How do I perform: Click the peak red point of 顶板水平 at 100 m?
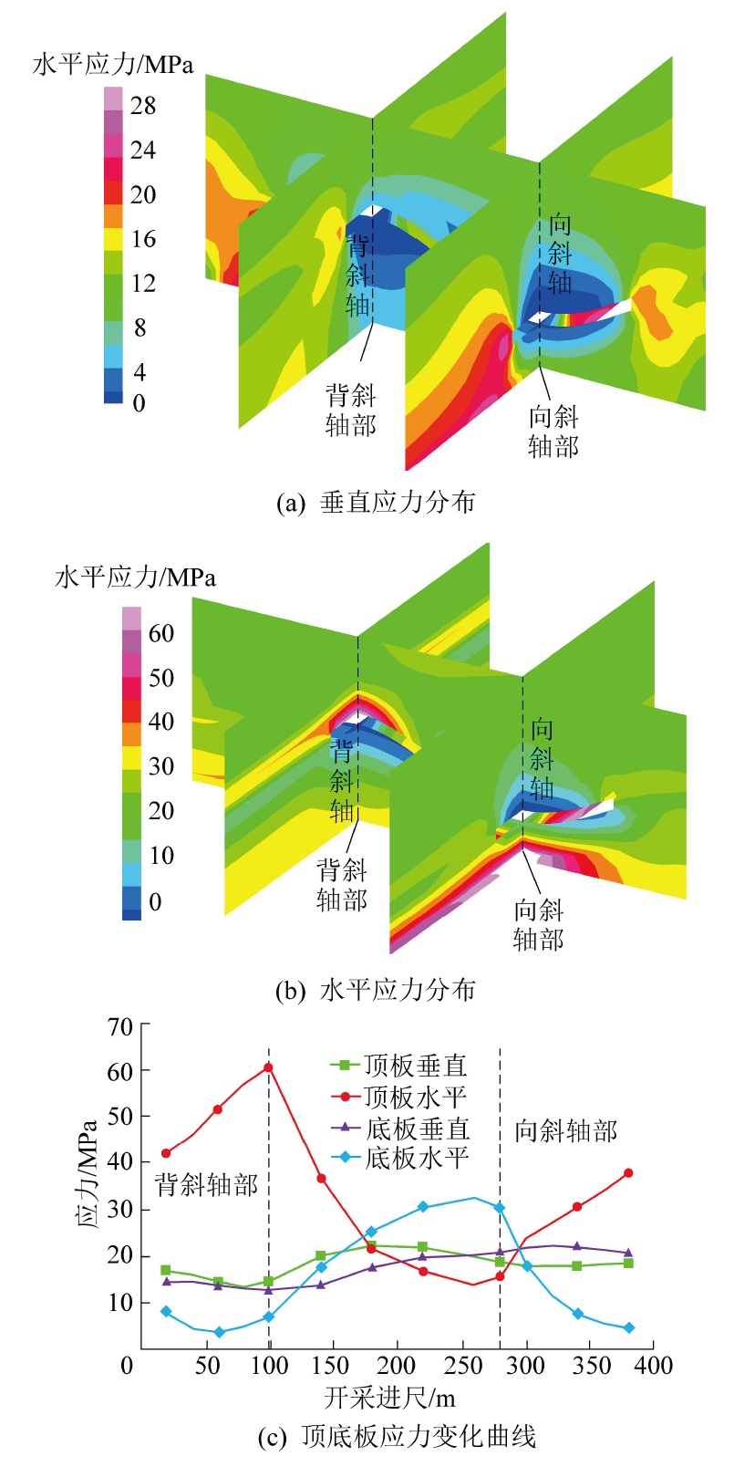(x=268, y=1067)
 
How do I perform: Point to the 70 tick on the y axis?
(x=120, y=1026)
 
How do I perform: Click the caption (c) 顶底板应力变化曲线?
(x=397, y=1437)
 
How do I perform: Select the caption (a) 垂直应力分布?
(x=376, y=502)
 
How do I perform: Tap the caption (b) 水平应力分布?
(x=376, y=990)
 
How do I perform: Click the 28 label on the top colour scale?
(x=143, y=106)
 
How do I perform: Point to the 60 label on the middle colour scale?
(x=161, y=633)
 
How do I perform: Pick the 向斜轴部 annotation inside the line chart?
(x=566, y=1131)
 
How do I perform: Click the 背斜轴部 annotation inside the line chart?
(x=207, y=1185)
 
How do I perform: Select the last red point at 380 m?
(x=628, y=1173)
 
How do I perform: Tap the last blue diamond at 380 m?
(x=628, y=1328)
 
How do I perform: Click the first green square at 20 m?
(x=166, y=1270)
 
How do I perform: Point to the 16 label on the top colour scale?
(x=143, y=239)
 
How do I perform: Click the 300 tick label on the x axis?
(x=526, y=1365)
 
